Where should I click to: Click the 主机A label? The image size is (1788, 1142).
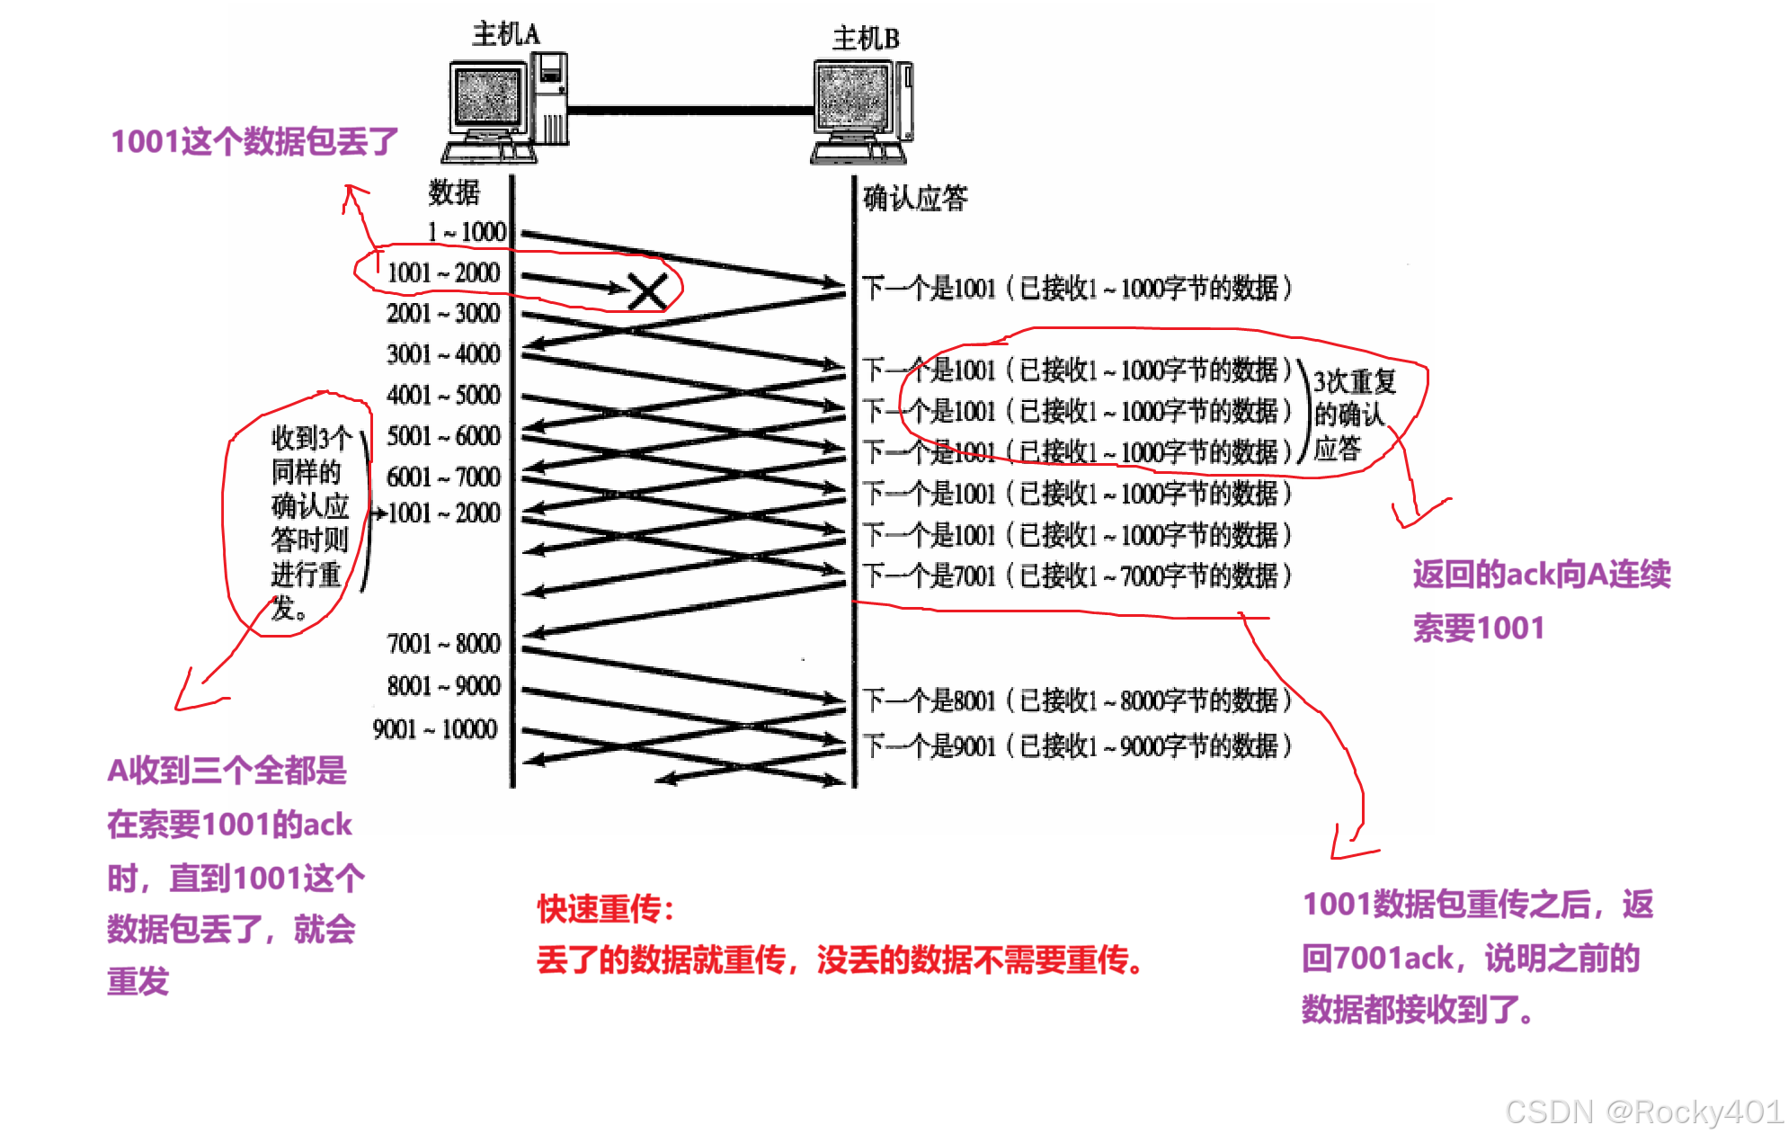pyautogui.click(x=506, y=34)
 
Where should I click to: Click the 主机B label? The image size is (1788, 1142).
pyautogui.click(x=866, y=39)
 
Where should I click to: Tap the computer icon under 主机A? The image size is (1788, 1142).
pyautogui.click(x=506, y=108)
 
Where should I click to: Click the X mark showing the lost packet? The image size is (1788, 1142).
pyautogui.click(x=647, y=291)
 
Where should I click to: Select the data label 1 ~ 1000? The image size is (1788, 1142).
pyautogui.click(x=467, y=232)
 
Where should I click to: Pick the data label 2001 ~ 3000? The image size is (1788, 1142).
pyautogui.click(x=443, y=313)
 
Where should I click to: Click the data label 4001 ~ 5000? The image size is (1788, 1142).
pyautogui.click(x=443, y=395)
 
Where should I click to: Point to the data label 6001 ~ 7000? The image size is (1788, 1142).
pyautogui.click(x=443, y=477)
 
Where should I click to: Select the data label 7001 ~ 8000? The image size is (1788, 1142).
pyautogui.click(x=443, y=644)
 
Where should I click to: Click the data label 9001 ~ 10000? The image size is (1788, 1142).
pyautogui.click(x=435, y=728)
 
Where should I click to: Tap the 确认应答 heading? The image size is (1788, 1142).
pyautogui.click(x=915, y=198)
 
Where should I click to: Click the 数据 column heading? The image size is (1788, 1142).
pyautogui.click(x=454, y=192)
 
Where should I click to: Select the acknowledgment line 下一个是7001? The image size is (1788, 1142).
pyautogui.click(x=1077, y=575)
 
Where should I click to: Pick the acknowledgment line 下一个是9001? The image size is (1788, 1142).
pyautogui.click(x=1077, y=745)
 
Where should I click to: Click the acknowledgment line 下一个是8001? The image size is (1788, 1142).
pyautogui.click(x=1077, y=700)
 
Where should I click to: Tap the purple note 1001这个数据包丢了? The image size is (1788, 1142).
pyautogui.click(x=254, y=141)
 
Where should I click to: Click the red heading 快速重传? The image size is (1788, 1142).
pyautogui.click(x=605, y=909)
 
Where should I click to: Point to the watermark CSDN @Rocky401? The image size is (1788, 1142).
pyautogui.click(x=1642, y=1111)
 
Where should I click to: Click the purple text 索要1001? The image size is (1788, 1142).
pyautogui.click(x=1479, y=628)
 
